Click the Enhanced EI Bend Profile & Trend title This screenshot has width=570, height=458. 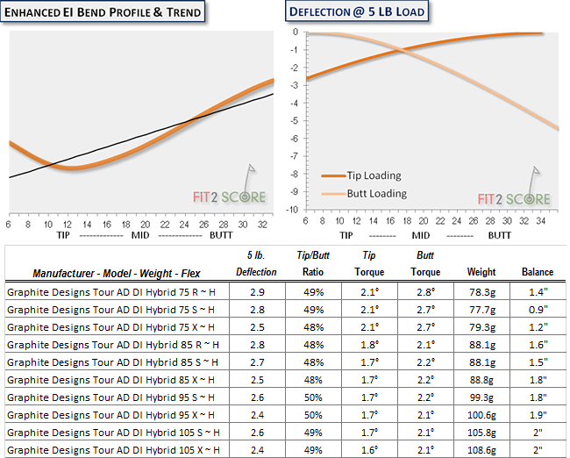click(x=103, y=11)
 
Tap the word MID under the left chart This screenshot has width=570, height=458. click(x=141, y=235)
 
